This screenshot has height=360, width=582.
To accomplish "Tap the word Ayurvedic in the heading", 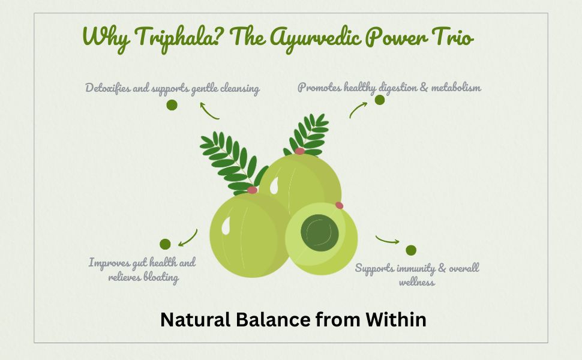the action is pos(315,38).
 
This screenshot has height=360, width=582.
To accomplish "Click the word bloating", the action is pos(161,277).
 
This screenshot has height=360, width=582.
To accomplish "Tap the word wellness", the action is pos(417,282).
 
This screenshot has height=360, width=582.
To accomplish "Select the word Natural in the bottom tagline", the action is pos(195,320).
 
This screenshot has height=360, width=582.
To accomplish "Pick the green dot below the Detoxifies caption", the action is pos(172,105).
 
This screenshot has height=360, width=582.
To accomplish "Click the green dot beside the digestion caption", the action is pos(379,100).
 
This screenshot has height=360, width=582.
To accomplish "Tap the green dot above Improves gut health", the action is pos(165,244).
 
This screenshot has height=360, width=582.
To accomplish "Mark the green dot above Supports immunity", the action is pos(411,250).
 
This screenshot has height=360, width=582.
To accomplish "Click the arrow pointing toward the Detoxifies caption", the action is pos(208,112).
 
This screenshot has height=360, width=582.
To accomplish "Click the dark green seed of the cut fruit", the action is pos(320,233).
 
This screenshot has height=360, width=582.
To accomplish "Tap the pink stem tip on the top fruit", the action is pos(299,151).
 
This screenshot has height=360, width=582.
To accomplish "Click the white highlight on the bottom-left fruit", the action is pos(226,226).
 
